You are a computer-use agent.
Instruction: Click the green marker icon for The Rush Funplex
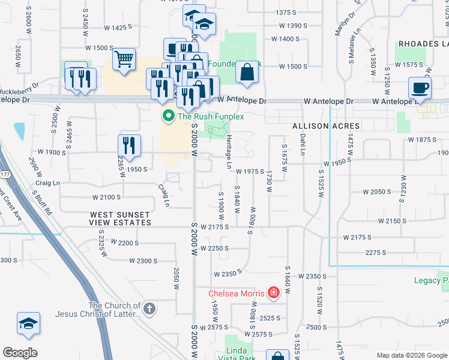pos(169,116)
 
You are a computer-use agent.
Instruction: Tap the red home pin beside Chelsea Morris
pos(274,293)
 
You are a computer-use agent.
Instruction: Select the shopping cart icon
pos(124,60)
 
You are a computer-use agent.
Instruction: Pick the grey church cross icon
pos(149,309)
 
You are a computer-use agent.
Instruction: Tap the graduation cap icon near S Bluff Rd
pos(28,324)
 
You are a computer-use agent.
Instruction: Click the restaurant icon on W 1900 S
pos(129,145)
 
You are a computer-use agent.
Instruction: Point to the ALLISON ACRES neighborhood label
pos(326,126)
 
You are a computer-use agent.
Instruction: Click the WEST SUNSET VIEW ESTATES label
pos(121,218)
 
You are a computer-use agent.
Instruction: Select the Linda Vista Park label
pos(236,353)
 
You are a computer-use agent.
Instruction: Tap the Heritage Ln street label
pos(229,151)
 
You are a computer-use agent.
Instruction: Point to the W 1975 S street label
pos(250,172)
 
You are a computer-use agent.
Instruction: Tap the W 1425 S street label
pos(118,28)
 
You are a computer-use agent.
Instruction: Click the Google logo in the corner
pos(20,353)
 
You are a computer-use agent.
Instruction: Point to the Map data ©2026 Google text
pos(411,355)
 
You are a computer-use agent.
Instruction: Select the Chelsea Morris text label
pos(237,293)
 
